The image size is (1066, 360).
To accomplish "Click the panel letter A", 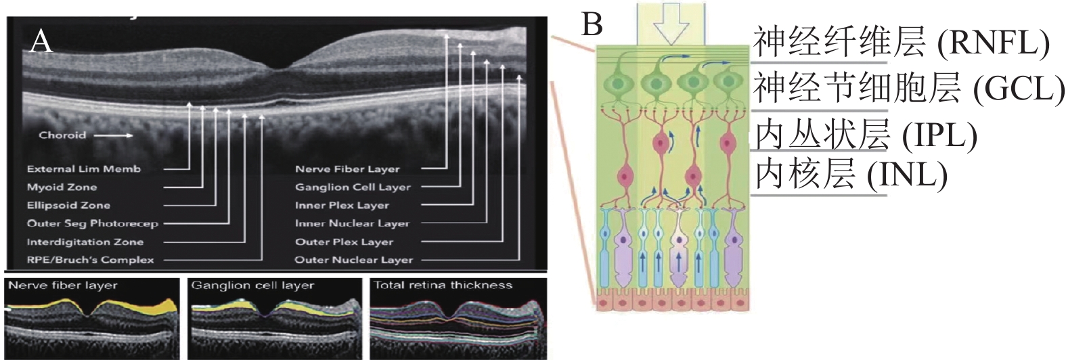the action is (41, 43).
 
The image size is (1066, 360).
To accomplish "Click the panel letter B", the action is (592, 24).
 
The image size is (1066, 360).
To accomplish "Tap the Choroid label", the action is (62, 135).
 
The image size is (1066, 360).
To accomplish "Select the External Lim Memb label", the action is (84, 168).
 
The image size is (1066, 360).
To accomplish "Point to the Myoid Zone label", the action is (62, 187).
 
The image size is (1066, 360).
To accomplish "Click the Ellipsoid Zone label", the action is (68, 206).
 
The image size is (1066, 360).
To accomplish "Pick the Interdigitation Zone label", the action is (85, 242).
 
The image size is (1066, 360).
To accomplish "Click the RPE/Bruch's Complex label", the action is (91, 260).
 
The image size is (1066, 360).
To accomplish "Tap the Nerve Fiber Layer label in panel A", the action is (347, 168).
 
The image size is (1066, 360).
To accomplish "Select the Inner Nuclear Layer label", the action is (352, 223).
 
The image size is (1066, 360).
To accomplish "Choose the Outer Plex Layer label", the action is (344, 242).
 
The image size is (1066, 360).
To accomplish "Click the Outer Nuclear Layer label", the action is (354, 260).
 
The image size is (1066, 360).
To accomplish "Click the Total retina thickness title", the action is (443, 286).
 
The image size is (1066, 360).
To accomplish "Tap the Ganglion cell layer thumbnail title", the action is (252, 286).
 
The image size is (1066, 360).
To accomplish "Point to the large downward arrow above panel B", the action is (671, 27).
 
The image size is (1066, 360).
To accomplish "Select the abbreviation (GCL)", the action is (1019, 89).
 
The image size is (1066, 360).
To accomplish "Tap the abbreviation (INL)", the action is (907, 175).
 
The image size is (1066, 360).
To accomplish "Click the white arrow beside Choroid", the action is (113, 135).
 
